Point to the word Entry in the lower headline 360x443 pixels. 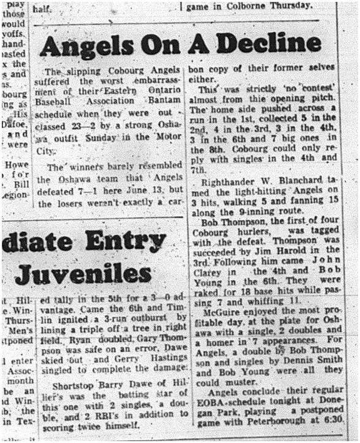(124, 242)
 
